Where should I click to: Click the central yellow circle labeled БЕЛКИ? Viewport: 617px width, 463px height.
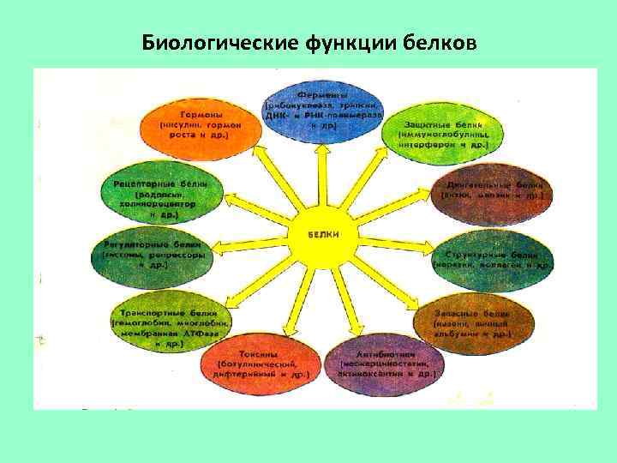(x=324, y=234)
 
